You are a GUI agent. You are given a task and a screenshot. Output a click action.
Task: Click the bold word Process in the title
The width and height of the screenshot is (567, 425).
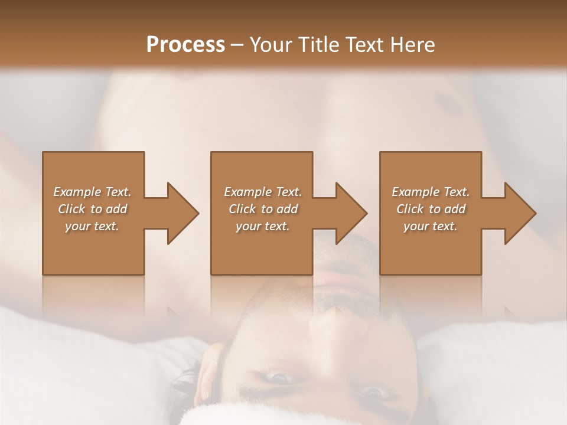coord(185,45)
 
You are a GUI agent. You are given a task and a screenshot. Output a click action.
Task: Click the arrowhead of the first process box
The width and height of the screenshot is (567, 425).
coord(184,213)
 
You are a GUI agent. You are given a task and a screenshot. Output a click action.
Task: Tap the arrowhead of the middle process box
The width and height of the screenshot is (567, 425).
coord(352,213)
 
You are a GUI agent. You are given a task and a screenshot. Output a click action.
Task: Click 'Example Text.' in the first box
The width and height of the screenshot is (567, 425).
coord(92,192)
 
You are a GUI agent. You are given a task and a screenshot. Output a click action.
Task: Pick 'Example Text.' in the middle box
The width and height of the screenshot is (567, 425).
coord(263,192)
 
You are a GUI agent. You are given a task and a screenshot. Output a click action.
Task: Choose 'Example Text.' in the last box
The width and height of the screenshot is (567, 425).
coord(431,192)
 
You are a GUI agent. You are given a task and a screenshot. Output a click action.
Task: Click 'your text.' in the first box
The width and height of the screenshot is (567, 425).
coord(92,226)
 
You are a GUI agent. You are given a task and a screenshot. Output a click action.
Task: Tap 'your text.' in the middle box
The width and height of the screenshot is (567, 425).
coord(263,226)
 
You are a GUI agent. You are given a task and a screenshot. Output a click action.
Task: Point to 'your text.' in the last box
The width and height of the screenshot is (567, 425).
coord(431,226)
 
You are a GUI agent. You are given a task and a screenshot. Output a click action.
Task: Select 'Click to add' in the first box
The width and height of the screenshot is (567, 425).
coord(92,209)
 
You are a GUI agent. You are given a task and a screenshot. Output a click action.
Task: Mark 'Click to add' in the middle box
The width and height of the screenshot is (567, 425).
coord(263,209)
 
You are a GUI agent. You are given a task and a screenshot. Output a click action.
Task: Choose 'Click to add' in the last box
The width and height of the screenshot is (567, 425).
coord(431,209)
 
